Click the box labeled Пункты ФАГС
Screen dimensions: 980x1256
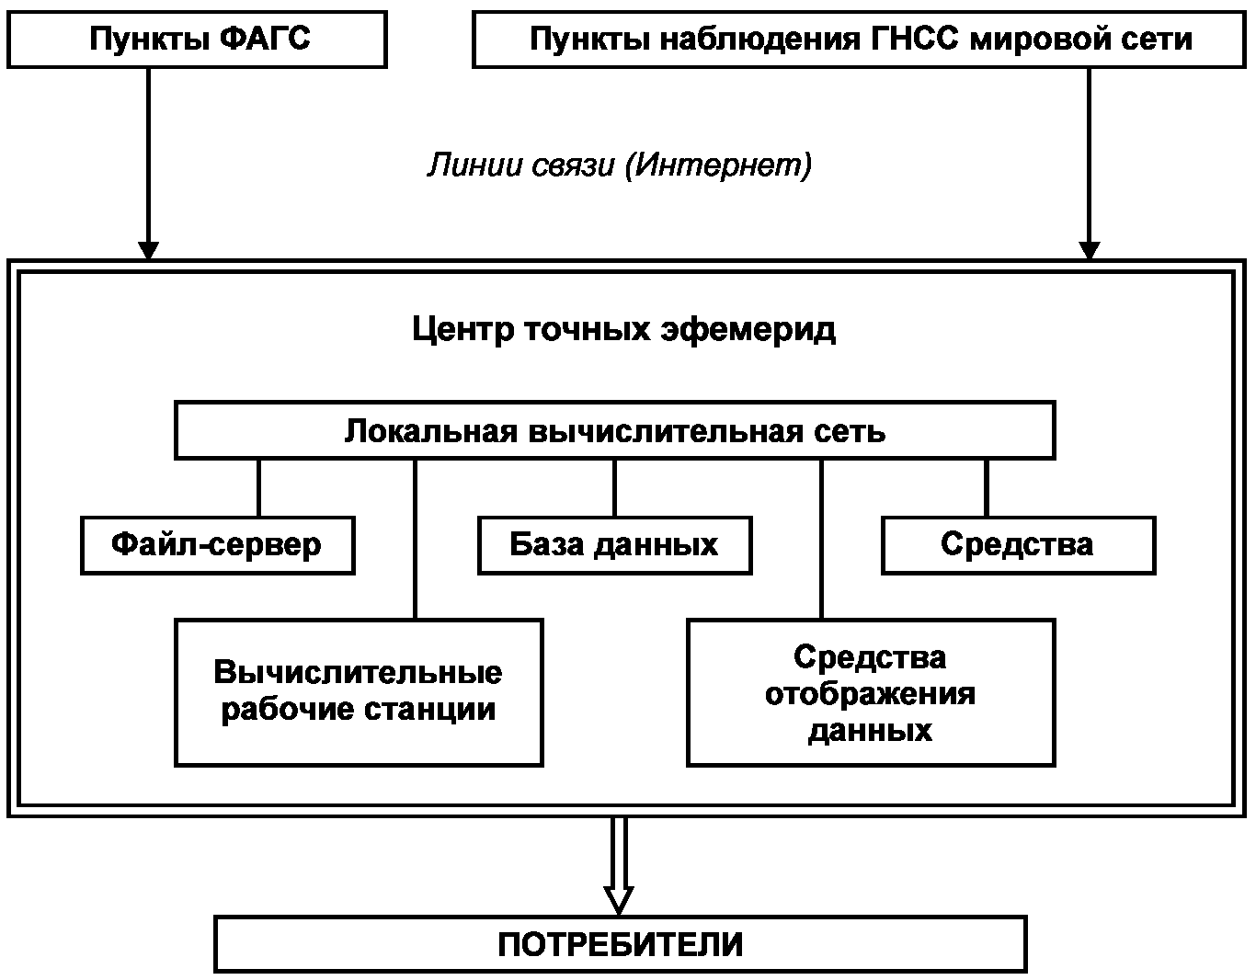197,40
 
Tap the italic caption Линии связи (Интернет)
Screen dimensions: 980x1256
619,165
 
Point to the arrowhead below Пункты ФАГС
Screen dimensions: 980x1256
148,250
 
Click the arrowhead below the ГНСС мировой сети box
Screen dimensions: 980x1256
1089,250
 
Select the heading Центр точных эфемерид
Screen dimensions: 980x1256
623,328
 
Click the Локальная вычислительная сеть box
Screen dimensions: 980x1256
614,430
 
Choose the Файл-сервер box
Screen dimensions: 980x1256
217,544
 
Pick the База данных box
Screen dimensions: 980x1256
614,544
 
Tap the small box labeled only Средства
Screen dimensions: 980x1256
1017,544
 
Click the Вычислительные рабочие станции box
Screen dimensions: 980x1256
358,691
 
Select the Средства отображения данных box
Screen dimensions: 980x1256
870,692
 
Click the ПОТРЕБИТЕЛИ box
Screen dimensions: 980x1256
620,943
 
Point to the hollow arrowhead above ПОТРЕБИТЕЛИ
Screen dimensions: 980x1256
619,898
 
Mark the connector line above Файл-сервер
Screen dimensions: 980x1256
258,487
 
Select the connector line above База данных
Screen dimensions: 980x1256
614,487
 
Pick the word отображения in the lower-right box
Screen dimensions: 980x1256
870,693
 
